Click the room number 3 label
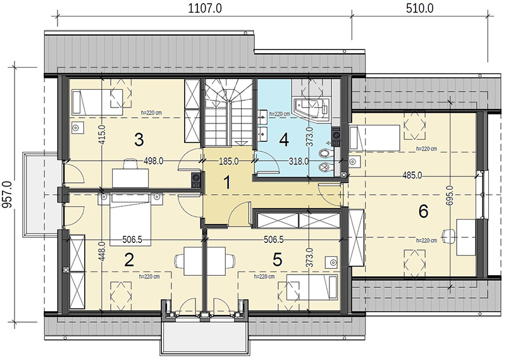139,140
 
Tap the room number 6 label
423,211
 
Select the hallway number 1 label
227,182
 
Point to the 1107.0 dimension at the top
204,8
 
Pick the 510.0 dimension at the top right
419,8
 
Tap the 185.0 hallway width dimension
229,161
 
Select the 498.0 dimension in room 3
153,161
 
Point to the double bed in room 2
130,220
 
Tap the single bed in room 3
97,102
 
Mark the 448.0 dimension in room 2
102,253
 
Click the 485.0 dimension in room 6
412,176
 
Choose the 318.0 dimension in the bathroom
299,161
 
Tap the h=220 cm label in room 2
149,276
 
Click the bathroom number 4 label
284,140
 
